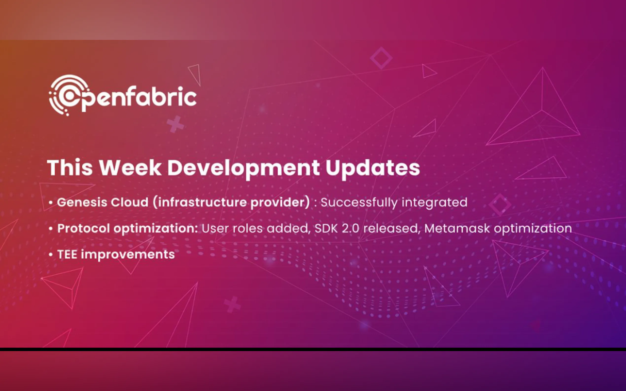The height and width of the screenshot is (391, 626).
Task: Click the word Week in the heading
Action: [130, 168]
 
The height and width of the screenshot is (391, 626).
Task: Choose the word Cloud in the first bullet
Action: [129, 202]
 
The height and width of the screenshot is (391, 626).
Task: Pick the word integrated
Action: [435, 202]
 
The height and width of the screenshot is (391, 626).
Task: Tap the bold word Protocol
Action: [83, 228]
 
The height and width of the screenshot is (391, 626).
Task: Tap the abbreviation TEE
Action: [67, 254]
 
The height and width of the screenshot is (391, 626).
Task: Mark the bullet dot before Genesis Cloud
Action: [51, 202]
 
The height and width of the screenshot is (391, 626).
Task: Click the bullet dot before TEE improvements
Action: [51, 254]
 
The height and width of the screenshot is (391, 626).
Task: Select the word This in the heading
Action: [70, 168]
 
